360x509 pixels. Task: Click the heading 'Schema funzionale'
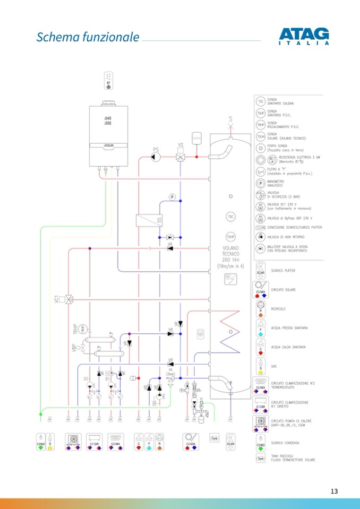[88, 37]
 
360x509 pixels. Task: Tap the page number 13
[334, 491]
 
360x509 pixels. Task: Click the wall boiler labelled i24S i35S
[108, 135]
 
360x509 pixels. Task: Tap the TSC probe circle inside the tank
[230, 217]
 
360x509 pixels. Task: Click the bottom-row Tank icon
[215, 438]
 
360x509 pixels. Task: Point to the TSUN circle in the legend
[261, 136]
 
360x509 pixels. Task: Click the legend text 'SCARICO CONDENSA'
[285, 443]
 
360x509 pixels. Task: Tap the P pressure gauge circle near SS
[172, 197]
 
